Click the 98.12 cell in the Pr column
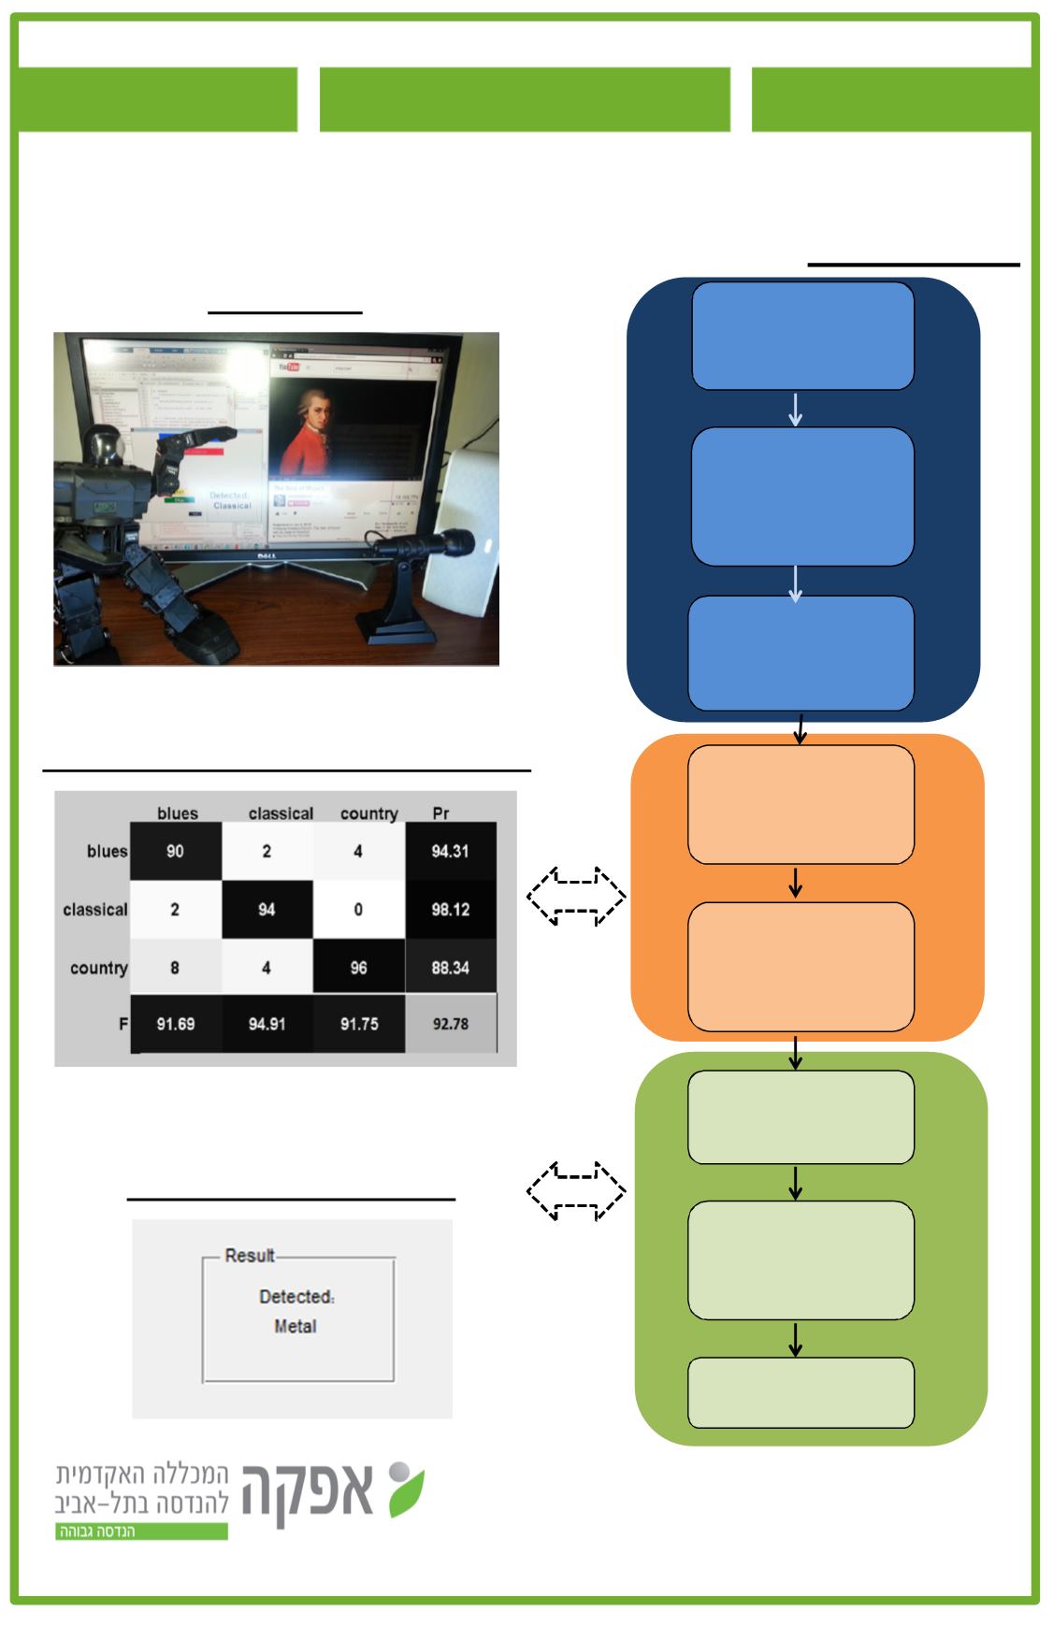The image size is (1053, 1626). tap(450, 910)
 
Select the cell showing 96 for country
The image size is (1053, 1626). tap(358, 968)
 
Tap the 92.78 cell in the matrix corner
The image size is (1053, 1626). tap(450, 1024)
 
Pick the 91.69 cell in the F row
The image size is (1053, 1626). tap(175, 1024)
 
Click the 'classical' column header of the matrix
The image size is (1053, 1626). tap(281, 813)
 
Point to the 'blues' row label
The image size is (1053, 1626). tap(107, 851)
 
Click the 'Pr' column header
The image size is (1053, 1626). tap(440, 813)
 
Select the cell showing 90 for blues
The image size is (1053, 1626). tap(175, 851)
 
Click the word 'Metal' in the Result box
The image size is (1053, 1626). tap(296, 1326)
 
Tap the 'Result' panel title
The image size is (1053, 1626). tap(250, 1255)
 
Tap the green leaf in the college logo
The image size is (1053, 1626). tap(408, 1494)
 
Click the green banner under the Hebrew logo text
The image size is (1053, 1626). tap(141, 1532)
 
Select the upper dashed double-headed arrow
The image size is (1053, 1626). tap(576, 897)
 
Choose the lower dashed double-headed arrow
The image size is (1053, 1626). tap(576, 1191)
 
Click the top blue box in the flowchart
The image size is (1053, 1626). tap(802, 336)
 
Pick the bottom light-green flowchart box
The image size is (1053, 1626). tap(801, 1392)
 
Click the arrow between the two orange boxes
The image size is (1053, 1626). tap(795, 883)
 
